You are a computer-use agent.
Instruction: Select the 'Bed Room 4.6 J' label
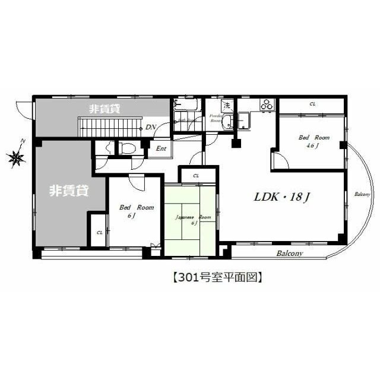(310, 141)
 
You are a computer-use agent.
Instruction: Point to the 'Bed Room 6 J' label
(136, 211)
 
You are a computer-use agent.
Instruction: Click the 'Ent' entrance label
(161, 148)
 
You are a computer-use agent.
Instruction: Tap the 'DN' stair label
(150, 127)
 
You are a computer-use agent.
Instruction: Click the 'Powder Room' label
(216, 118)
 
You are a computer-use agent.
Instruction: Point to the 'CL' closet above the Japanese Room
(195, 176)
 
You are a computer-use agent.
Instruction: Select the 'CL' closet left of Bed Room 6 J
(99, 232)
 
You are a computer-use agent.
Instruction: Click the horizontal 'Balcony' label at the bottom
(289, 254)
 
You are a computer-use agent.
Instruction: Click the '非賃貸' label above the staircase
(105, 109)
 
